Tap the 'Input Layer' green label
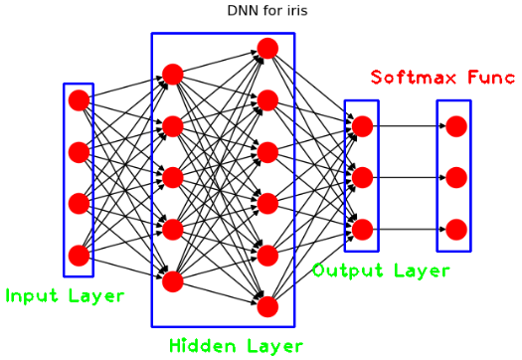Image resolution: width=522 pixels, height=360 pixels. (65, 295)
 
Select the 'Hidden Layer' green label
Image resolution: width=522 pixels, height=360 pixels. (235, 345)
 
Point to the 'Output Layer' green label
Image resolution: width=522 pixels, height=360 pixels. (381, 270)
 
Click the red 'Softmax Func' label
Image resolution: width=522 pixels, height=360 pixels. (442, 77)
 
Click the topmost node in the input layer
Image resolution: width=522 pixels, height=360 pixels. (79, 100)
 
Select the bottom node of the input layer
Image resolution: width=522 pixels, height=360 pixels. (79, 256)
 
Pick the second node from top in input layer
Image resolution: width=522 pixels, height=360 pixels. (79, 152)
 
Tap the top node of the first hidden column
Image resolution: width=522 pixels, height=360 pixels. (173, 75)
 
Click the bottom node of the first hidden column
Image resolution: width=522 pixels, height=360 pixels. (173, 281)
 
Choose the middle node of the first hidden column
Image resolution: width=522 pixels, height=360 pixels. (173, 178)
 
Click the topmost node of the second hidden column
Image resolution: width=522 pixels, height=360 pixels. (266, 49)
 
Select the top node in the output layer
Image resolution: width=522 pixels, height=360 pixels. (362, 126)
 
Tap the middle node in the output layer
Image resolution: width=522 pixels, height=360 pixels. (362, 178)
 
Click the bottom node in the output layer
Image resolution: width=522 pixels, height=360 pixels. (362, 230)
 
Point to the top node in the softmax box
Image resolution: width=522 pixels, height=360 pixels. (456, 126)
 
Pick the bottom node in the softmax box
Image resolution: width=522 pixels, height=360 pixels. (456, 230)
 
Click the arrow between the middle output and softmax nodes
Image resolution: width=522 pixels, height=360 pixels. (409, 178)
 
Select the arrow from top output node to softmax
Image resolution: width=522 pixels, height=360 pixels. (409, 126)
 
